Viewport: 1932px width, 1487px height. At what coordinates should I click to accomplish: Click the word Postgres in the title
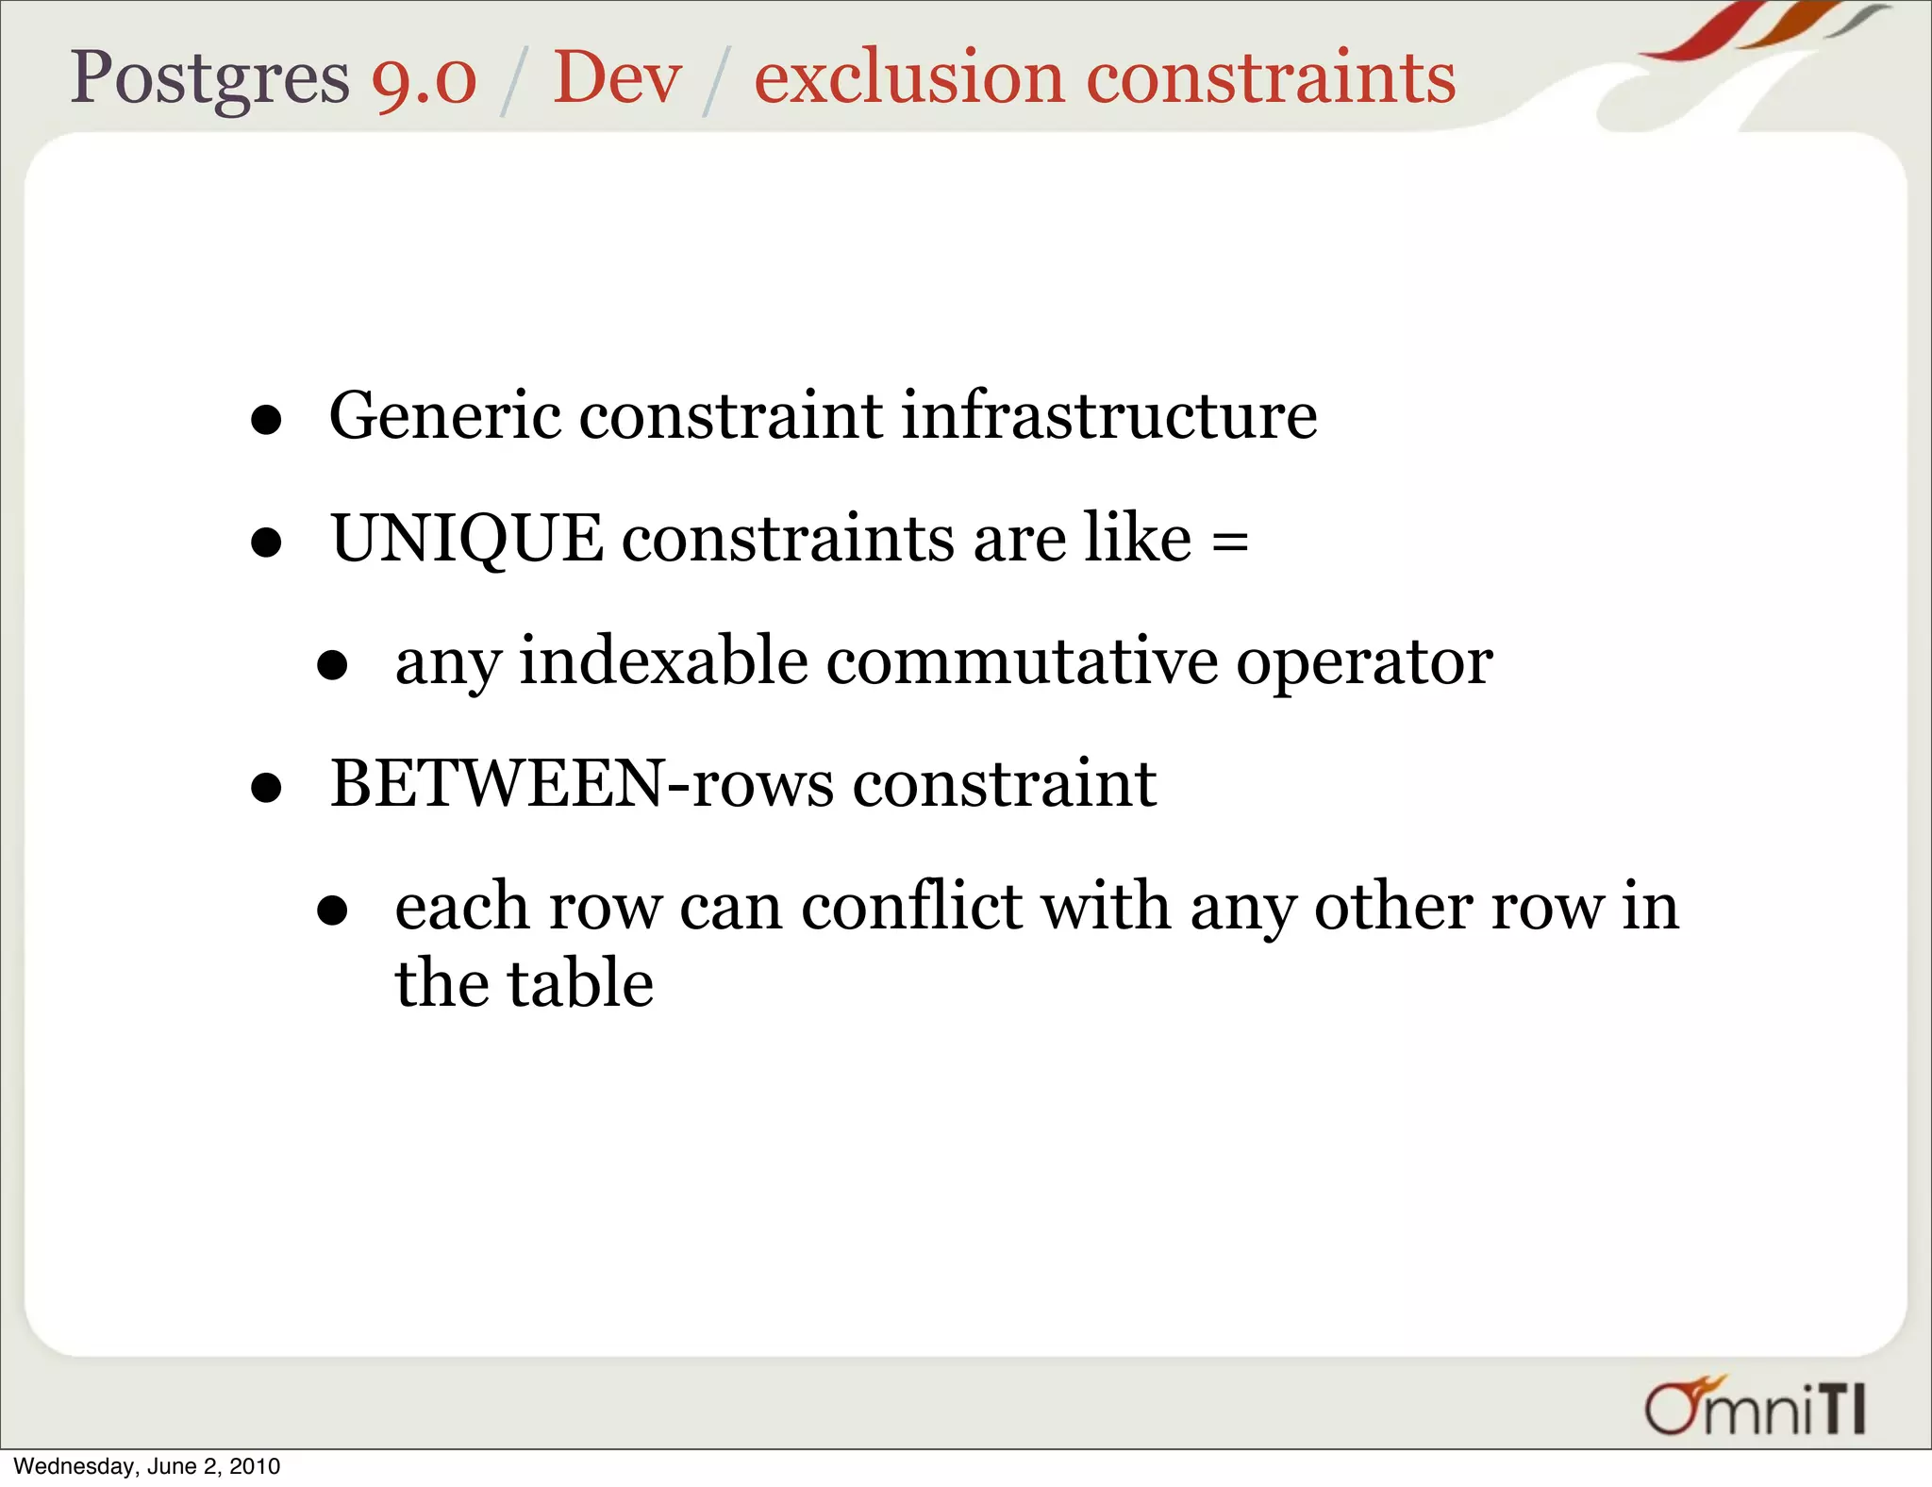coord(209,77)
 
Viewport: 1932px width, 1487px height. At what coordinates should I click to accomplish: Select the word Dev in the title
coord(617,77)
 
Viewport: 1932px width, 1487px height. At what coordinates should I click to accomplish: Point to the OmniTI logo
coord(1755,1407)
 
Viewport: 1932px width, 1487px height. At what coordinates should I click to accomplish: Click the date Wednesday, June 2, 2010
coord(147,1466)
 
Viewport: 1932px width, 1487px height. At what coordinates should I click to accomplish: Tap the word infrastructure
coord(1108,416)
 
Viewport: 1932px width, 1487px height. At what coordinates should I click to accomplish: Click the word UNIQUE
coord(467,540)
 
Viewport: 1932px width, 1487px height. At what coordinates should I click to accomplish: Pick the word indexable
coord(663,661)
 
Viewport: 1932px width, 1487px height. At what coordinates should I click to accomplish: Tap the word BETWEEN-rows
coord(582,784)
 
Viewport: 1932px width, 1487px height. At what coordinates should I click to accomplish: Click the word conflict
coord(911,907)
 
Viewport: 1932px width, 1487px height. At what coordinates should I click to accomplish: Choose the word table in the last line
coord(580,983)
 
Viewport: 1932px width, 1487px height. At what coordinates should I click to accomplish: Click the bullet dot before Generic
coord(267,421)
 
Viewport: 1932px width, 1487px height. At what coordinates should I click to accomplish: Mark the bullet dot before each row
coord(332,911)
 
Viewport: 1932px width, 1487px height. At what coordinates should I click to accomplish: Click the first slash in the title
coord(512,81)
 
